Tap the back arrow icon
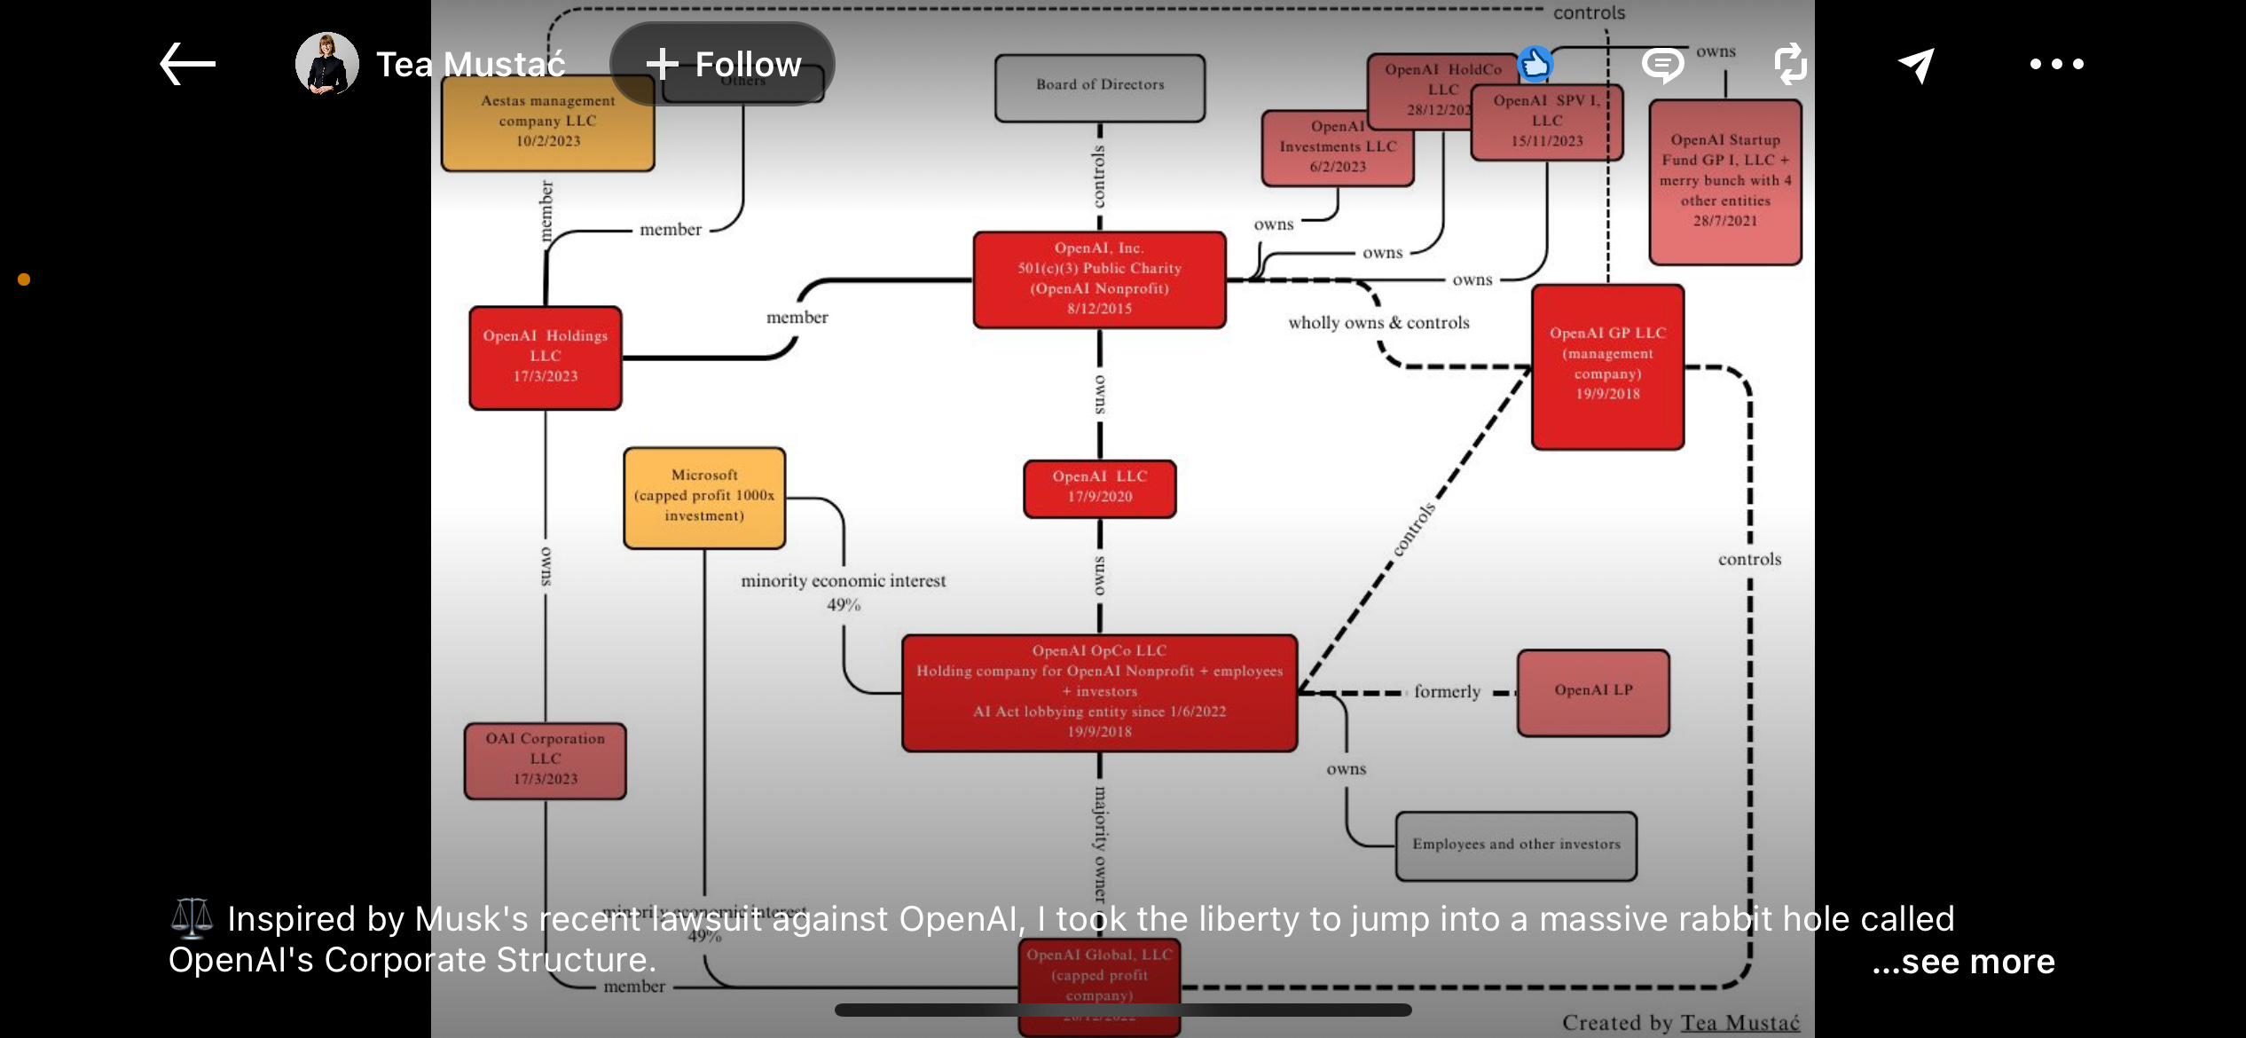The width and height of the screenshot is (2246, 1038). click(187, 64)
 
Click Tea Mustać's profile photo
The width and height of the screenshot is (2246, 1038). click(327, 64)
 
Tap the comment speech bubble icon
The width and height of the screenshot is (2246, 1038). click(1662, 65)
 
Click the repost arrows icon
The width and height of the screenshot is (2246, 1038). click(1790, 64)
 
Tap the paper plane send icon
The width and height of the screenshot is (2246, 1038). click(1916, 65)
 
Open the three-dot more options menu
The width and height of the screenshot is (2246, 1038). click(2056, 64)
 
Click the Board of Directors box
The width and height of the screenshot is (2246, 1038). click(1100, 87)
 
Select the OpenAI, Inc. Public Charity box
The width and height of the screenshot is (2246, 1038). click(1100, 279)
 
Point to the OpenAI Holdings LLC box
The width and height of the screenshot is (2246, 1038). click(546, 357)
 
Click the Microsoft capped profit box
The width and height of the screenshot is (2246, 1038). click(704, 497)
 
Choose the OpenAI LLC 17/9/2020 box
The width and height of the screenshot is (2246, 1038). click(1100, 488)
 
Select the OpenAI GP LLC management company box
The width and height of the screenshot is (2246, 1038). click(1607, 366)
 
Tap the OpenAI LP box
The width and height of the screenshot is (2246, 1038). click(1593, 692)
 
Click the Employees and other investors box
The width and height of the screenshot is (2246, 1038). click(1516, 845)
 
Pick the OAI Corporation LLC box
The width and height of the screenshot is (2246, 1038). click(546, 760)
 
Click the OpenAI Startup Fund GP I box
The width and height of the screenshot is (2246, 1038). click(1724, 182)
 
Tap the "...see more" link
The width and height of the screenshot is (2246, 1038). click(1963, 962)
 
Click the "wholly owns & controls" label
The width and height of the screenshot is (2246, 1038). click(1378, 323)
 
